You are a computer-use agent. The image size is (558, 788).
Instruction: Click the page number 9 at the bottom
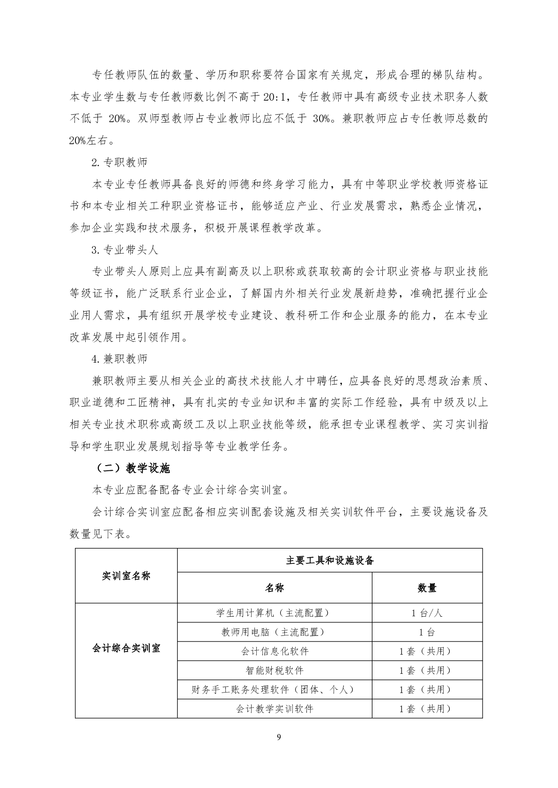coord(279,737)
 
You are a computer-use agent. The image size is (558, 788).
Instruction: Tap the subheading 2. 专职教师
coord(119,162)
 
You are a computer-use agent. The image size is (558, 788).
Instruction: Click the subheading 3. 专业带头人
coord(125,250)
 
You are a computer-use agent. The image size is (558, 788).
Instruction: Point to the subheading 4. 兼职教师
coord(119,359)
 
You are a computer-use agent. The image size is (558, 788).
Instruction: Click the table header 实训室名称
coord(126,576)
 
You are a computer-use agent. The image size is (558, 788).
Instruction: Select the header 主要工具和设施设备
coord(330,560)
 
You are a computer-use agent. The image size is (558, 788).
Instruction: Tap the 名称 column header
coord(275,588)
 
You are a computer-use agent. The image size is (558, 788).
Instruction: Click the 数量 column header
coord(427,588)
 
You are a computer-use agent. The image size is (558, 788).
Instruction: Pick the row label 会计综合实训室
coord(126,648)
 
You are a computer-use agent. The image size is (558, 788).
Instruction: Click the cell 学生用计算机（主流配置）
coord(275,613)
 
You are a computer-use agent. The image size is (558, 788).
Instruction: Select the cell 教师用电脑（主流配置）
coord(275,632)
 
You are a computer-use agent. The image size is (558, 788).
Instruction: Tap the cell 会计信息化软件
coord(275,651)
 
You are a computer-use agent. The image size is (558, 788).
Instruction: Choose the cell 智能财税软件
coord(275,670)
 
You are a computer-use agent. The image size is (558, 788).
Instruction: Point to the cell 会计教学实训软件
coord(275,708)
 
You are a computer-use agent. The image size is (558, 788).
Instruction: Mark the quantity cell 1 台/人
coord(427,613)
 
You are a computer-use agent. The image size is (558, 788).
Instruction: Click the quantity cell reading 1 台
coord(427,632)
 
